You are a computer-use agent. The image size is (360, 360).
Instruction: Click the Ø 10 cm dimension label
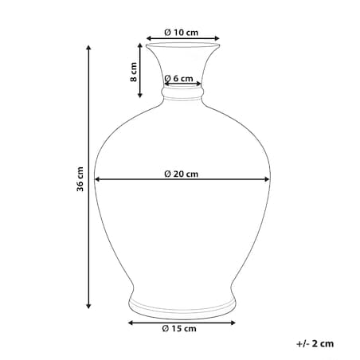point(181,33)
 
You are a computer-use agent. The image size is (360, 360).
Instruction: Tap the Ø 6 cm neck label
point(178,79)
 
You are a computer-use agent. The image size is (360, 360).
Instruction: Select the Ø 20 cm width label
point(181,174)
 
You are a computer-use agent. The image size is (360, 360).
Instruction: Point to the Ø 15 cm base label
point(179,328)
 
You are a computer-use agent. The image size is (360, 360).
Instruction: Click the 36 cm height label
point(80,179)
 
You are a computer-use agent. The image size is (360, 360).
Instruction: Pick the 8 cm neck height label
point(134,72)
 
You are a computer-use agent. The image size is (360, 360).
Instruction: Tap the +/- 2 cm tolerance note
point(315,343)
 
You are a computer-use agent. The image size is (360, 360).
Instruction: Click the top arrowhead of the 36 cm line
point(89,48)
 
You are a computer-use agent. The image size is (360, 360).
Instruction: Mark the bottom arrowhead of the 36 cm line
point(89,306)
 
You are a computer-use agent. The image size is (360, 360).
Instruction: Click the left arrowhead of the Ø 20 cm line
point(97,179)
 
